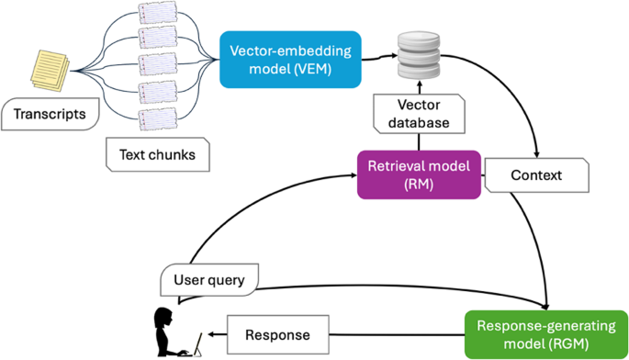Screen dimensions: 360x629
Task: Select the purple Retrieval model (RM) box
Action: point(419,174)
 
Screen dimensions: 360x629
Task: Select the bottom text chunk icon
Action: point(156,118)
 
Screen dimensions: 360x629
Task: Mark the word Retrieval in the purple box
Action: point(396,166)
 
